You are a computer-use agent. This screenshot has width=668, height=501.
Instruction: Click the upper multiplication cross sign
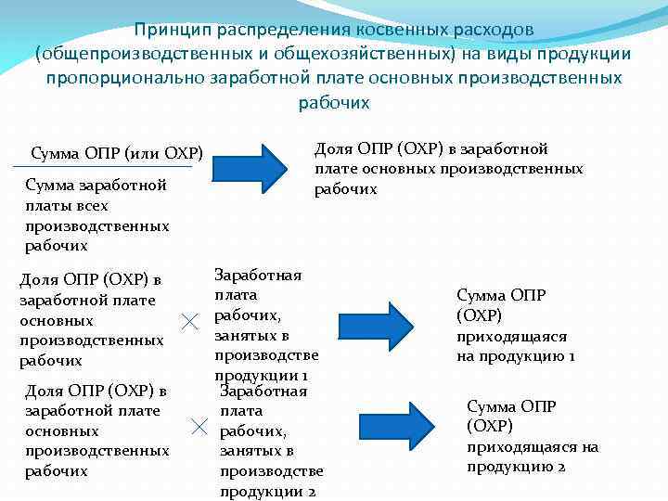click(189, 323)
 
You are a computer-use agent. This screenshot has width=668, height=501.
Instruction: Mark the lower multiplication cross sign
click(198, 426)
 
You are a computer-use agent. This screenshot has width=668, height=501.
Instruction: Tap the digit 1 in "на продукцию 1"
click(572, 356)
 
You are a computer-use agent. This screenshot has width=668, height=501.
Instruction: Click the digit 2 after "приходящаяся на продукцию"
click(561, 467)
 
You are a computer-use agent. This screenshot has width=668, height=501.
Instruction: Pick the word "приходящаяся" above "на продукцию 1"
click(511, 337)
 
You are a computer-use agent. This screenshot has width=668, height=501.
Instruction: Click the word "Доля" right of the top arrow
click(334, 148)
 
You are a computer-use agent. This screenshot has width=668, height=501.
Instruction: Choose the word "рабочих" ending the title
click(334, 103)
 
